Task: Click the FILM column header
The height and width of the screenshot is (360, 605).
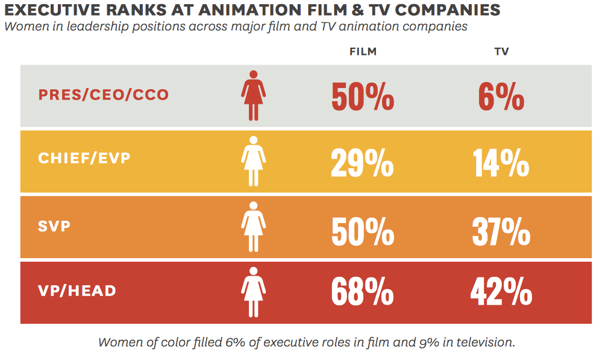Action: [x=363, y=52]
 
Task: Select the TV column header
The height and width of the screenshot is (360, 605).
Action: [x=501, y=52]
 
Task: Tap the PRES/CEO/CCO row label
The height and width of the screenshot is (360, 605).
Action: [x=104, y=95]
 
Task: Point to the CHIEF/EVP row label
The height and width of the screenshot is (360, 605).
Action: [x=84, y=159]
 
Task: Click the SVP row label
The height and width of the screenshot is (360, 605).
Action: [x=54, y=227]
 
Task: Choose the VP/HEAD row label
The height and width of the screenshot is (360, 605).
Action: [x=77, y=291]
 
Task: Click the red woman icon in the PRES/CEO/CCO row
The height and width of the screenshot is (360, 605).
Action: [x=254, y=95]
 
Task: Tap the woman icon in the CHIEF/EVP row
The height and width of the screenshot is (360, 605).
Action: [x=254, y=160]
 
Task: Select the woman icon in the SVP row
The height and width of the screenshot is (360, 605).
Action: [x=254, y=227]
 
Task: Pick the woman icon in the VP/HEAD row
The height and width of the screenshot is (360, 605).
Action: [x=254, y=291]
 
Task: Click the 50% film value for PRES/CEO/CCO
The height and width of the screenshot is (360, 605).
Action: [x=362, y=96]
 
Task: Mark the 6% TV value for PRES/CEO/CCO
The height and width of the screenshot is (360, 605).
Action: [x=501, y=96]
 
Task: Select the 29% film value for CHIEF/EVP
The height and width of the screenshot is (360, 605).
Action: [x=362, y=161]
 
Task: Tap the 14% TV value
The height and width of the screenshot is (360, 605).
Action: [x=501, y=161]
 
